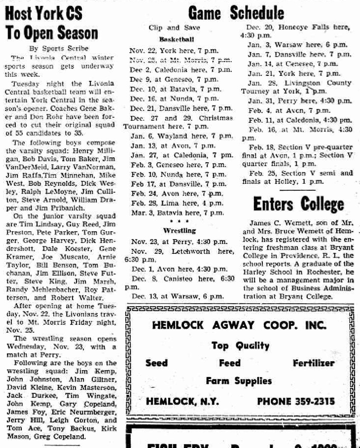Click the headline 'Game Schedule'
pyautogui.click(x=236, y=13)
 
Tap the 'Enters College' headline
pyautogui.click(x=298, y=204)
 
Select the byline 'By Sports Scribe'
pyautogui.click(x=58, y=48)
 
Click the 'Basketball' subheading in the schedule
pyautogui.click(x=177, y=38)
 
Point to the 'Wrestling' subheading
pyautogui.click(x=176, y=230)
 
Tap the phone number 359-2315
pyautogui.click(x=295, y=401)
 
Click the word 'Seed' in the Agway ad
pyautogui.click(x=156, y=363)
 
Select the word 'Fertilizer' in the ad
pyautogui.click(x=313, y=363)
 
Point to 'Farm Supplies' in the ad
pyautogui.click(x=239, y=380)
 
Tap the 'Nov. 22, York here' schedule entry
pyautogui.click(x=173, y=50)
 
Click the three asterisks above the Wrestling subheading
pyautogui.click(x=176, y=221)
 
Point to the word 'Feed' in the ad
pyautogui.click(x=230, y=363)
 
